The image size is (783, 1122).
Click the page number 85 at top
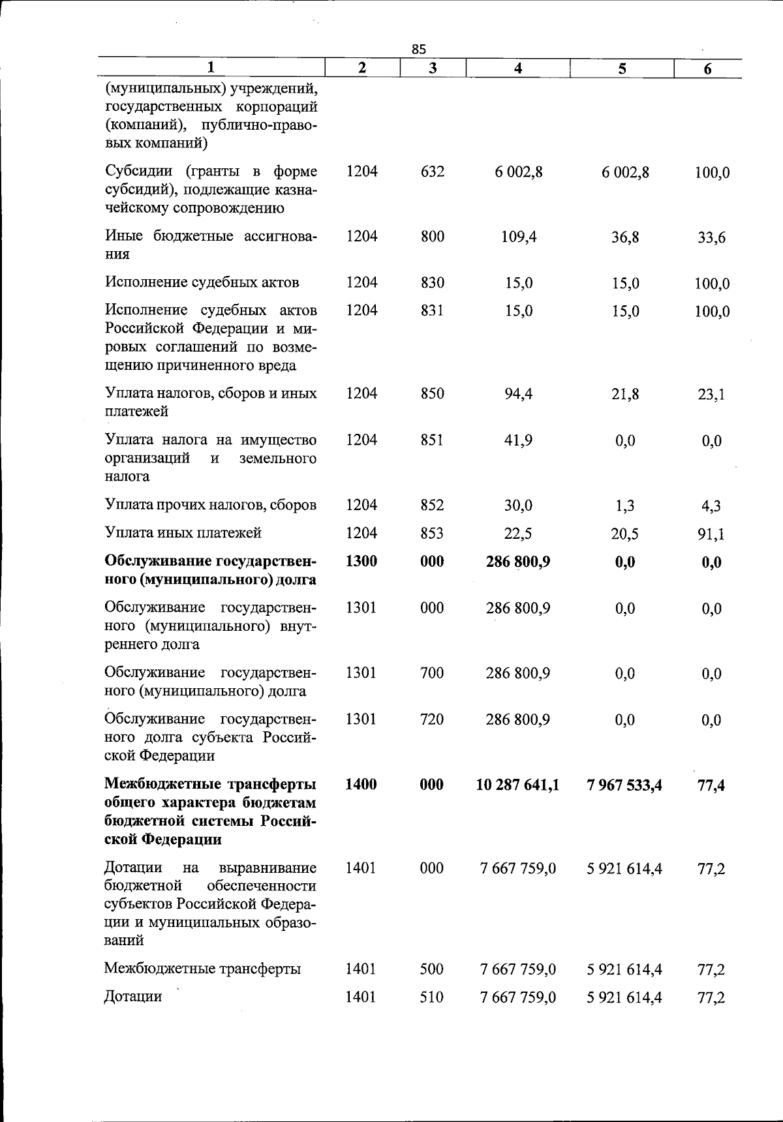click(x=419, y=49)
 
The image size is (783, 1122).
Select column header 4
click(x=517, y=68)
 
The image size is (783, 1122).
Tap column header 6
click(x=708, y=69)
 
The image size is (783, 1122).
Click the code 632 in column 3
click(x=432, y=172)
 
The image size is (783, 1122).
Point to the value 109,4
click(x=519, y=237)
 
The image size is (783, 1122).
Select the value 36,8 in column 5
click(x=625, y=237)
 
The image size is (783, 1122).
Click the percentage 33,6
click(x=711, y=238)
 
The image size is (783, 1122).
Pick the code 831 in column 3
click(x=432, y=311)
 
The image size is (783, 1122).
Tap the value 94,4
click(x=519, y=393)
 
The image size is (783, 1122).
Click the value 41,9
click(x=519, y=440)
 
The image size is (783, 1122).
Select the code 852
click(x=432, y=505)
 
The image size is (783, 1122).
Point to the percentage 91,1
click(x=711, y=534)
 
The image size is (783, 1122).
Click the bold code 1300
click(x=361, y=562)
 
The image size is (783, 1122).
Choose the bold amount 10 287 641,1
click(x=517, y=785)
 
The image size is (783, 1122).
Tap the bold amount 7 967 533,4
click(x=624, y=785)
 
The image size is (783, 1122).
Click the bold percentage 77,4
click(x=711, y=785)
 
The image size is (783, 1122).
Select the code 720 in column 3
click(x=432, y=720)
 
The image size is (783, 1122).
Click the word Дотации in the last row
click(x=133, y=997)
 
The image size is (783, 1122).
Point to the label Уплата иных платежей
click(x=183, y=533)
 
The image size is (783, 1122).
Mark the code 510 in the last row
click(x=432, y=997)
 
